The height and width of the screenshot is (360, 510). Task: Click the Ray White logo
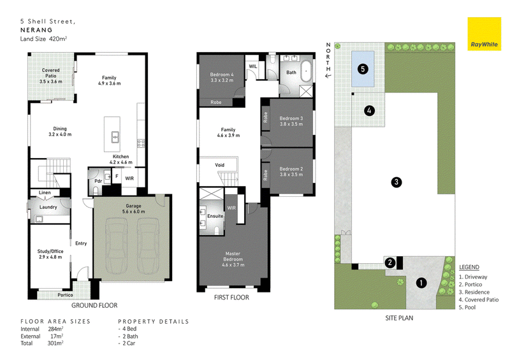[484, 34]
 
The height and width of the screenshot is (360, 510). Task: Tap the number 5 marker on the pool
[363, 69]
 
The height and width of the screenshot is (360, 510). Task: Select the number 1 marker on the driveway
[421, 283]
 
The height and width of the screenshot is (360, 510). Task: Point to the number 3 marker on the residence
[396, 182]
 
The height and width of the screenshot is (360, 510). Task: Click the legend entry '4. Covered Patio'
[479, 299]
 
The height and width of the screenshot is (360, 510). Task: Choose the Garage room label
[133, 208]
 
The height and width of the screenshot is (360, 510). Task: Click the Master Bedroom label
[233, 259]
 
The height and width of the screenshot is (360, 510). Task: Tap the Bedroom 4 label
[222, 77]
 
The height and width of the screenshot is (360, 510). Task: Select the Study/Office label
[50, 254]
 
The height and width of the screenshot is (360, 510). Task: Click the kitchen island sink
[115, 137]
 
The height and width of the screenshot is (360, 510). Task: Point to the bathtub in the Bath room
[306, 71]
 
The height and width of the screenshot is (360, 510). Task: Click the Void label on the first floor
[219, 165]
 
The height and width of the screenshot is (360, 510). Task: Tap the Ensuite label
[215, 216]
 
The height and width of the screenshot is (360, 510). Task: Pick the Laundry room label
[48, 207]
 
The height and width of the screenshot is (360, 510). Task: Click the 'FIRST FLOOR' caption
[231, 297]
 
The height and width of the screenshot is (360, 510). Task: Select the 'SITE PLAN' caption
[399, 318]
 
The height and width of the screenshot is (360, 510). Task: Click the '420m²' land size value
[58, 39]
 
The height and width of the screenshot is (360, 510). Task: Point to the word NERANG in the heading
[36, 30]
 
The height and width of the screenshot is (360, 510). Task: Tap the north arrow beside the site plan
[328, 76]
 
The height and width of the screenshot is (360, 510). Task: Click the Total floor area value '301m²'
[55, 343]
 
